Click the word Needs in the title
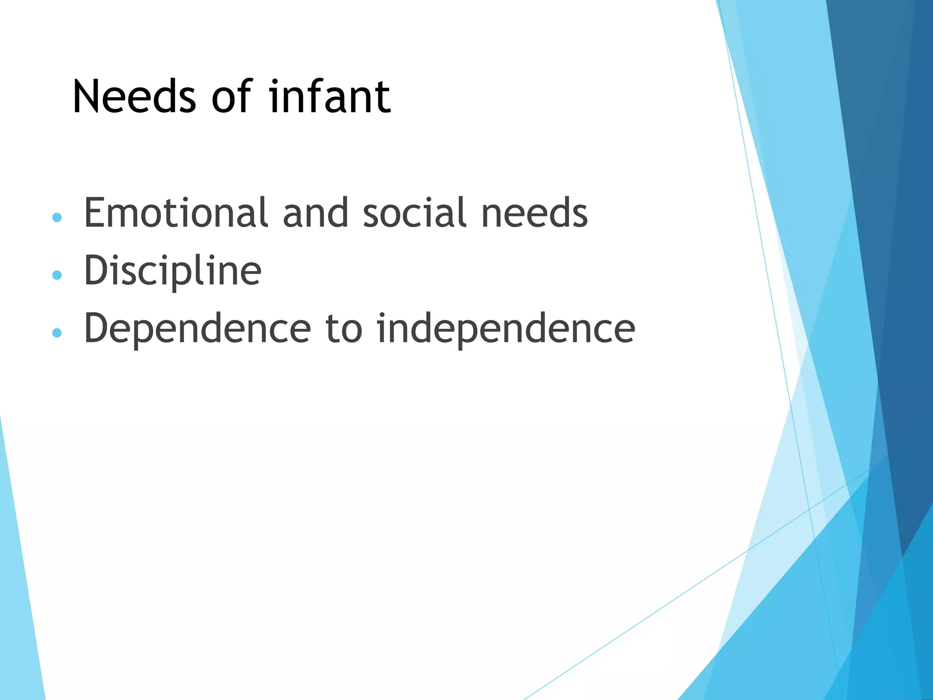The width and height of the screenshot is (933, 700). pos(134,97)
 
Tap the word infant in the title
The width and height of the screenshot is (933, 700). pos(329,97)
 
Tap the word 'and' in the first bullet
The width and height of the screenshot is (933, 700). pos(315,213)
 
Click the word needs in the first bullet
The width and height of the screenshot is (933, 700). pos(534,213)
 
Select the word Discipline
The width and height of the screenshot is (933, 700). pos(173,271)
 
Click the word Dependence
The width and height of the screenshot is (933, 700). pos(197,329)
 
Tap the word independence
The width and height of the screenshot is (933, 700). pos(506,329)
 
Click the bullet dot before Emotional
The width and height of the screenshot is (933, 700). pos(57,217)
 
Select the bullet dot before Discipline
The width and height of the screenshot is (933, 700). pos(57,275)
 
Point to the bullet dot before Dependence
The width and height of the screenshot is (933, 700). pos(57,333)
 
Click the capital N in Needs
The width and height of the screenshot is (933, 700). pos(87,97)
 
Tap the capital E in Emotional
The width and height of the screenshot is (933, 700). pos(95,213)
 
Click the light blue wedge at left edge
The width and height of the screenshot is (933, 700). pos(18,592)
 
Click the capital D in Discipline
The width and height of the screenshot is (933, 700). pos(97,271)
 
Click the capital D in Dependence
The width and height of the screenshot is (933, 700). pos(97,329)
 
